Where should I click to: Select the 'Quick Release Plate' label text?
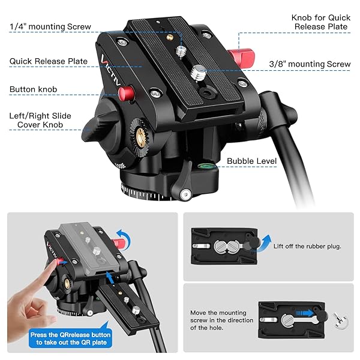pos(48,61)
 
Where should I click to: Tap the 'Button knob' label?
pos(33,89)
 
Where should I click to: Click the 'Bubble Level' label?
pos(251,161)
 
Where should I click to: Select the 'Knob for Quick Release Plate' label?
pos(321,23)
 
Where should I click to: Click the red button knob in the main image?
pos(127,94)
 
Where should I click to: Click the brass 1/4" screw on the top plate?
pos(181,53)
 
